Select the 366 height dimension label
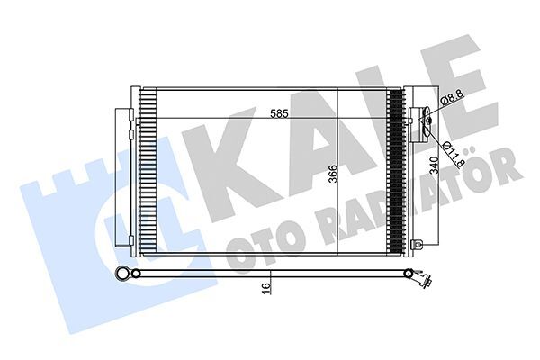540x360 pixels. [332, 174]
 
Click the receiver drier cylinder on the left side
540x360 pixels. [121, 175]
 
